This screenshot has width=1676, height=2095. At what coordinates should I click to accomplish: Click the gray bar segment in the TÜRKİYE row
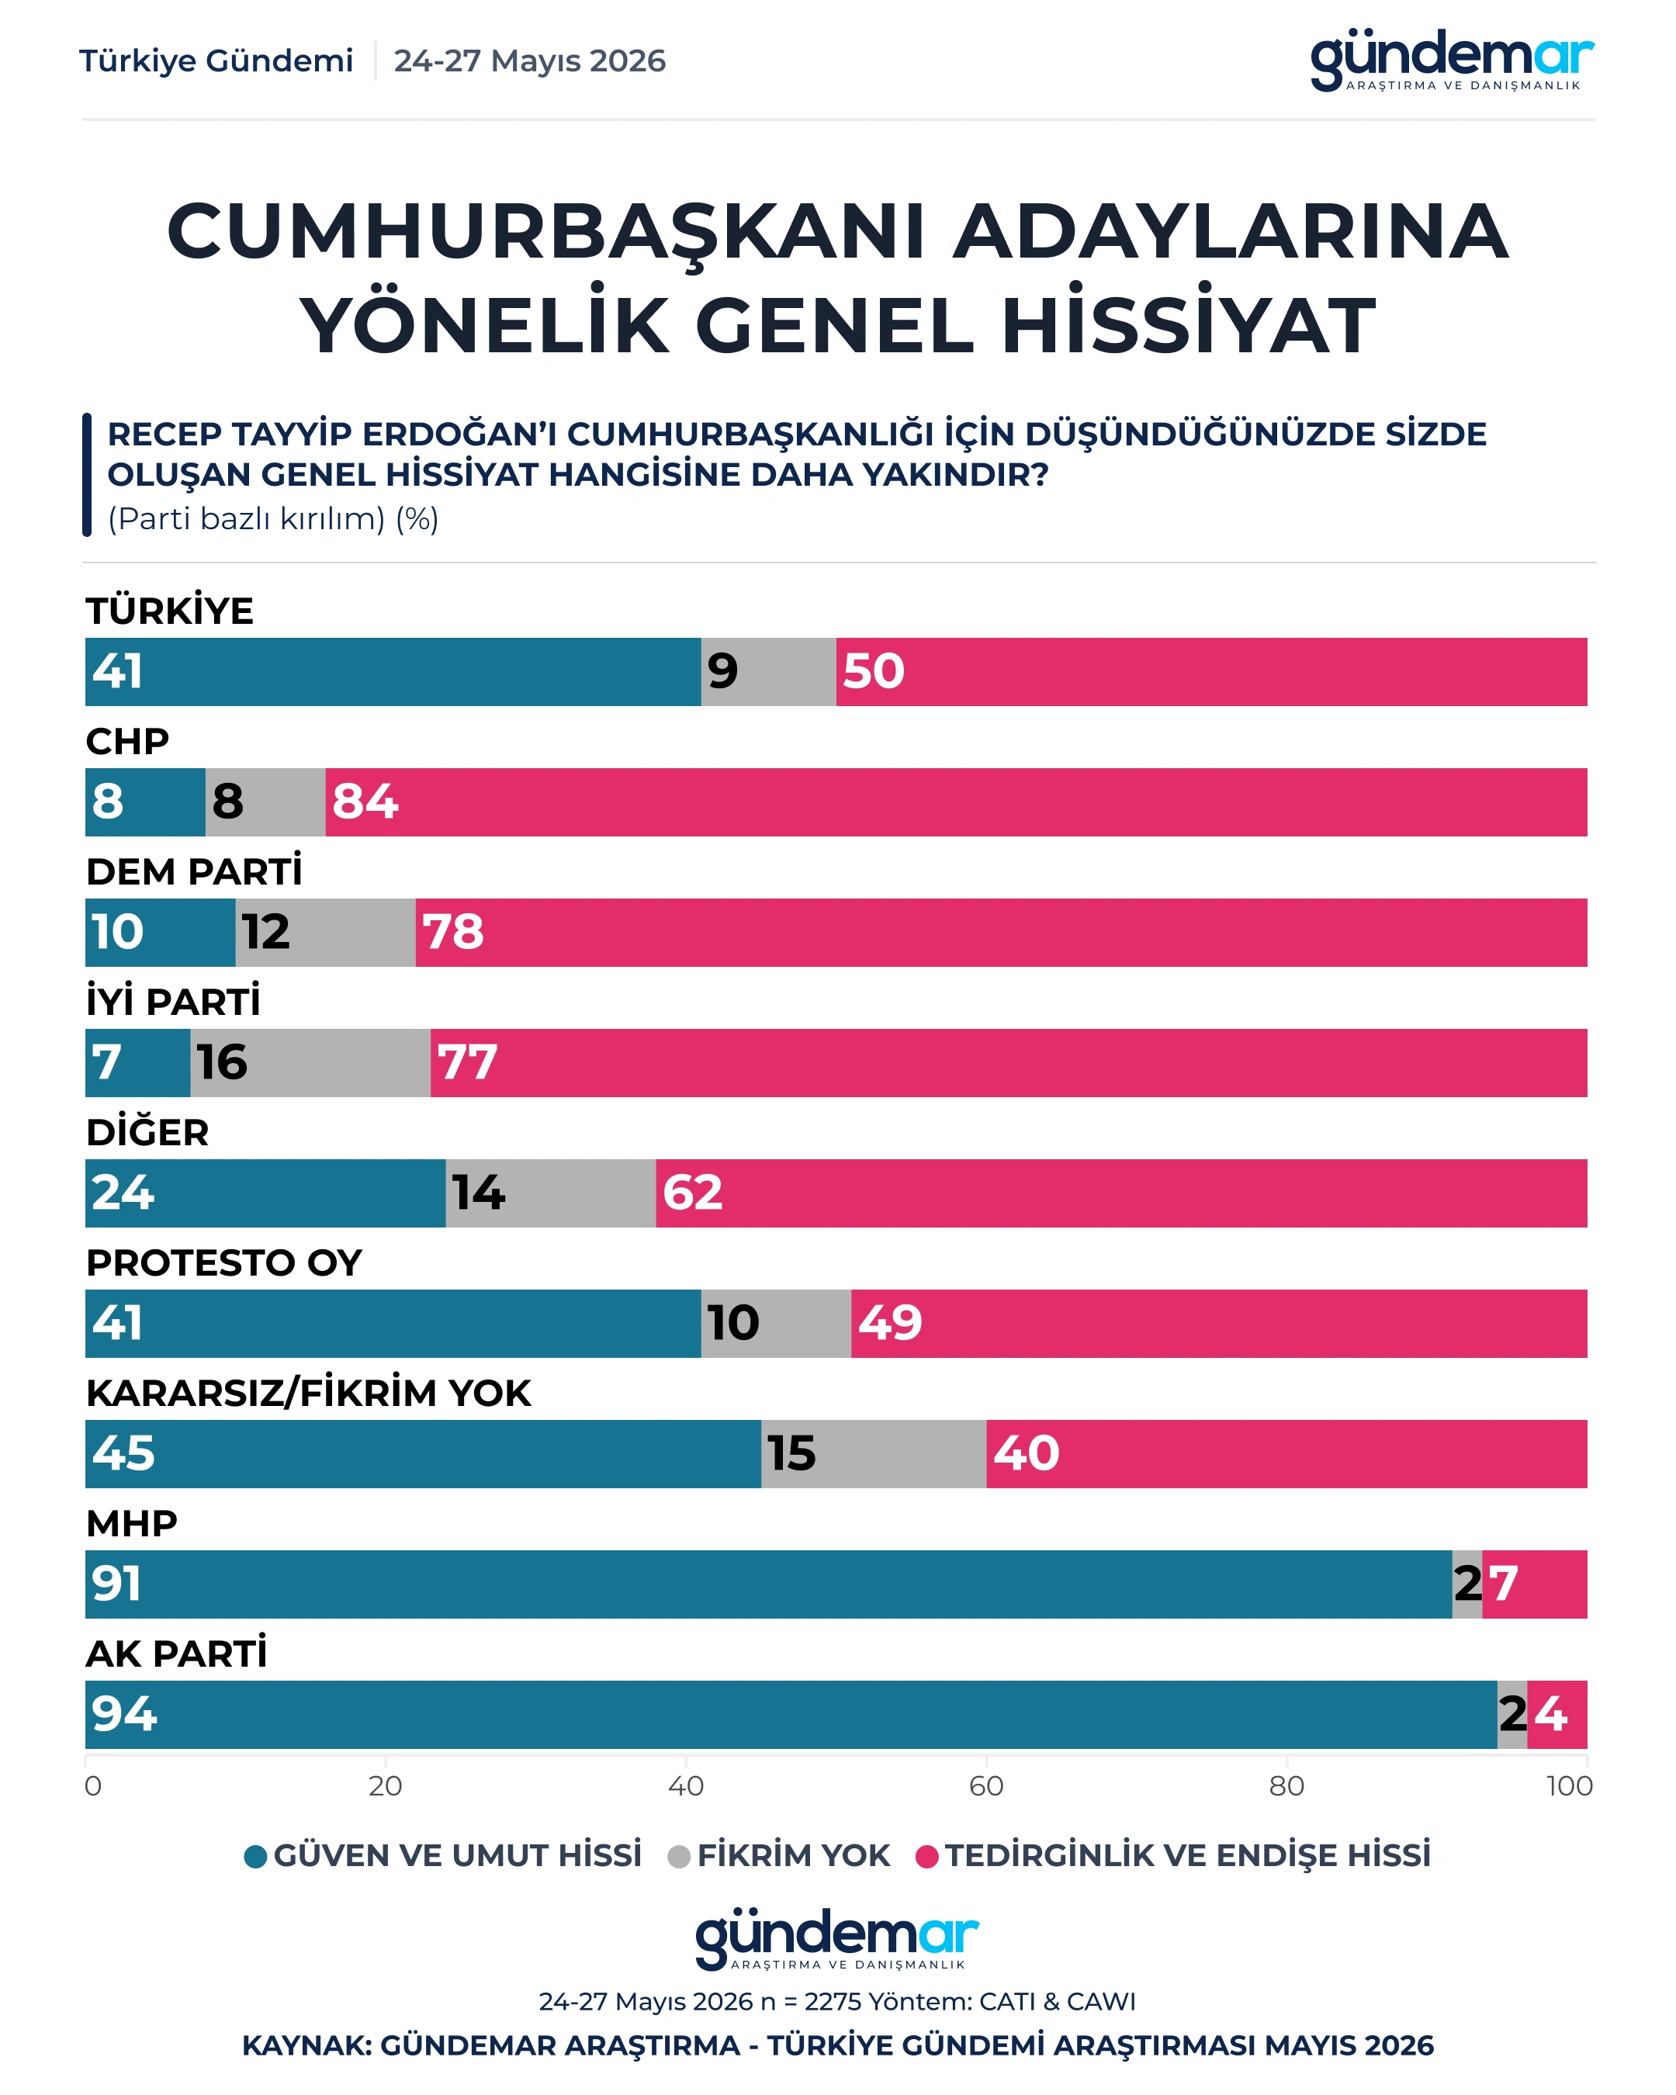pyautogui.click(x=768, y=671)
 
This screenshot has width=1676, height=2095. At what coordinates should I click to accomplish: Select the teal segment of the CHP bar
pyautogui.click(x=146, y=802)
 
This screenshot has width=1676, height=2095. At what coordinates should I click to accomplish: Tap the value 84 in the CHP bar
pyautogui.click(x=365, y=802)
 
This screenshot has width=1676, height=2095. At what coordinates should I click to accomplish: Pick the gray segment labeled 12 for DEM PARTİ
pyautogui.click(x=325, y=932)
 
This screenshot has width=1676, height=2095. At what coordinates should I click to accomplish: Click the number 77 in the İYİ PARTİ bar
pyautogui.click(x=467, y=1062)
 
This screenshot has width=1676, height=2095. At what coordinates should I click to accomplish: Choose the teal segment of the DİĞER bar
pyautogui.click(x=265, y=1193)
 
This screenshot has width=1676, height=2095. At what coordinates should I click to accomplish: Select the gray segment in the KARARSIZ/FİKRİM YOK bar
pyautogui.click(x=874, y=1453)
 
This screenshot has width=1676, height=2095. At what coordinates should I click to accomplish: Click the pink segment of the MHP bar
pyautogui.click(x=1535, y=1583)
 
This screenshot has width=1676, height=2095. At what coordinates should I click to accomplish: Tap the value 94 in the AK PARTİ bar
pyautogui.click(x=124, y=1713)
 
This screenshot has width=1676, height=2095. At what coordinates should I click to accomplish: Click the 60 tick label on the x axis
pyautogui.click(x=986, y=1785)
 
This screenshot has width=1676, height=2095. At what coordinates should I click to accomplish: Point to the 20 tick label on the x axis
pyautogui.click(x=386, y=1785)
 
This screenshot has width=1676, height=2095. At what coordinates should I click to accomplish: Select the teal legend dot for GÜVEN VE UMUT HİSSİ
pyautogui.click(x=255, y=1856)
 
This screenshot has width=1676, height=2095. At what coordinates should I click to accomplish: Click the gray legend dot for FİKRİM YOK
pyautogui.click(x=679, y=1856)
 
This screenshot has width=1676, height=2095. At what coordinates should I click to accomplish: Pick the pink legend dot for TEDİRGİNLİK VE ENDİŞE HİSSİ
pyautogui.click(x=928, y=1856)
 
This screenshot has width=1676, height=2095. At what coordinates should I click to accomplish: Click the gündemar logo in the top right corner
pyautogui.click(x=1453, y=61)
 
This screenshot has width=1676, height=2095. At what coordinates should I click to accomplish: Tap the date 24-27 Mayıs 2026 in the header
pyautogui.click(x=529, y=61)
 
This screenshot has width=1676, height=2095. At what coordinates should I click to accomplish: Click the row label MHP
pyautogui.click(x=132, y=1522)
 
